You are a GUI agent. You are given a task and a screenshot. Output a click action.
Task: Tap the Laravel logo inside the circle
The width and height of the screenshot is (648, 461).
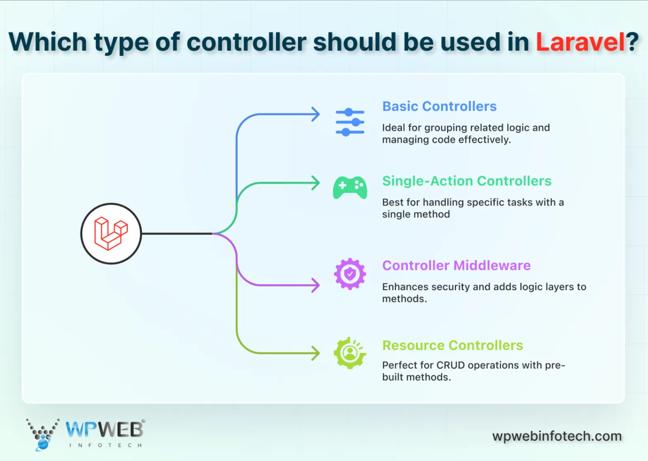(111, 234)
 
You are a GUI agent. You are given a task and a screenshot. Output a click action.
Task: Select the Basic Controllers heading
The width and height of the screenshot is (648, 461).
(439, 106)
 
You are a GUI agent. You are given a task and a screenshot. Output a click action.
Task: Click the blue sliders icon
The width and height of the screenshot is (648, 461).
(350, 122)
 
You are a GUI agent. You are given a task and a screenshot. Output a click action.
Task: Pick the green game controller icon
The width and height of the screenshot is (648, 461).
(350, 188)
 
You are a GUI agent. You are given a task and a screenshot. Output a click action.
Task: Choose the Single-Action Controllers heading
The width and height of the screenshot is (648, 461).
(466, 181)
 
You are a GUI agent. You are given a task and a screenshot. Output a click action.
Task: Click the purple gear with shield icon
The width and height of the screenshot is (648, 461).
(350, 274)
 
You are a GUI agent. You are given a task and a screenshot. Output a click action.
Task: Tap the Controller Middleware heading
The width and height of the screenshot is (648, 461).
(456, 265)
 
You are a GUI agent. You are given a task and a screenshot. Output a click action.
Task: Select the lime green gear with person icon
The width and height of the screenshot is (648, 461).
(350, 353)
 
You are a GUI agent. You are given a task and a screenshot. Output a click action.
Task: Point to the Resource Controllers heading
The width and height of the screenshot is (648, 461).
(452, 345)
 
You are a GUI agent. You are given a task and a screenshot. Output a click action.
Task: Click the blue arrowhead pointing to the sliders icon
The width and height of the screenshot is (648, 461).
(316, 114)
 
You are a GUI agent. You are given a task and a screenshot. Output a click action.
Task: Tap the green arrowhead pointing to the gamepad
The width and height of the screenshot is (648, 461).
(316, 183)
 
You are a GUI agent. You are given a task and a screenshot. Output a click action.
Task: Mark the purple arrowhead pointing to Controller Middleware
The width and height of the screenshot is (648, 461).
(316, 285)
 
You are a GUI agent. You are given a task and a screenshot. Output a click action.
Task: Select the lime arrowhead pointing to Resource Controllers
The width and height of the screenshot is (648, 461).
(316, 353)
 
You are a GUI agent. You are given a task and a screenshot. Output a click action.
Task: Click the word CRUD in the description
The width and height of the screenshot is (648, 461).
(451, 365)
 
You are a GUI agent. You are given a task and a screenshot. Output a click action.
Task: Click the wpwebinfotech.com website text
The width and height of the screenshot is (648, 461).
(557, 436)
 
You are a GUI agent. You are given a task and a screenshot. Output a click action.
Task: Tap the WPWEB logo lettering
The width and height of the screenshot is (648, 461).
(104, 430)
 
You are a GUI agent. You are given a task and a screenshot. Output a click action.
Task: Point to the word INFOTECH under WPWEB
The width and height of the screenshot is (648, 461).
(106, 445)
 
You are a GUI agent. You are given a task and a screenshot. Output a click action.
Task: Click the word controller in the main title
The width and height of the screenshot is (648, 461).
(246, 43)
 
